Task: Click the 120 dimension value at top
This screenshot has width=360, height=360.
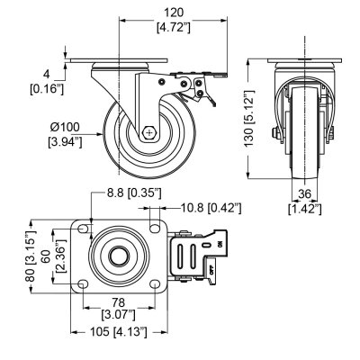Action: click(x=174, y=13)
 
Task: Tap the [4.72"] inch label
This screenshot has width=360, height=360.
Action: click(x=174, y=28)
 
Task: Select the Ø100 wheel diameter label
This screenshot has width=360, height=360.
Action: click(x=65, y=127)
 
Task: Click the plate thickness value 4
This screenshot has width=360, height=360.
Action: click(x=46, y=74)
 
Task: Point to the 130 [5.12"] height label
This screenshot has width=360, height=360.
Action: click(x=249, y=118)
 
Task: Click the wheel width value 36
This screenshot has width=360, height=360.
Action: click(x=305, y=194)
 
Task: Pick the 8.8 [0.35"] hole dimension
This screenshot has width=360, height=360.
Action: click(x=134, y=193)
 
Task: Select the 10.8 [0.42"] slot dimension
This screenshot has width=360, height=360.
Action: click(x=211, y=208)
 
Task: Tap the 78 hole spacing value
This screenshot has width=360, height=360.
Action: click(x=118, y=301)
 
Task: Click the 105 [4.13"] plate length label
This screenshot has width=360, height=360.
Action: click(x=119, y=332)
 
